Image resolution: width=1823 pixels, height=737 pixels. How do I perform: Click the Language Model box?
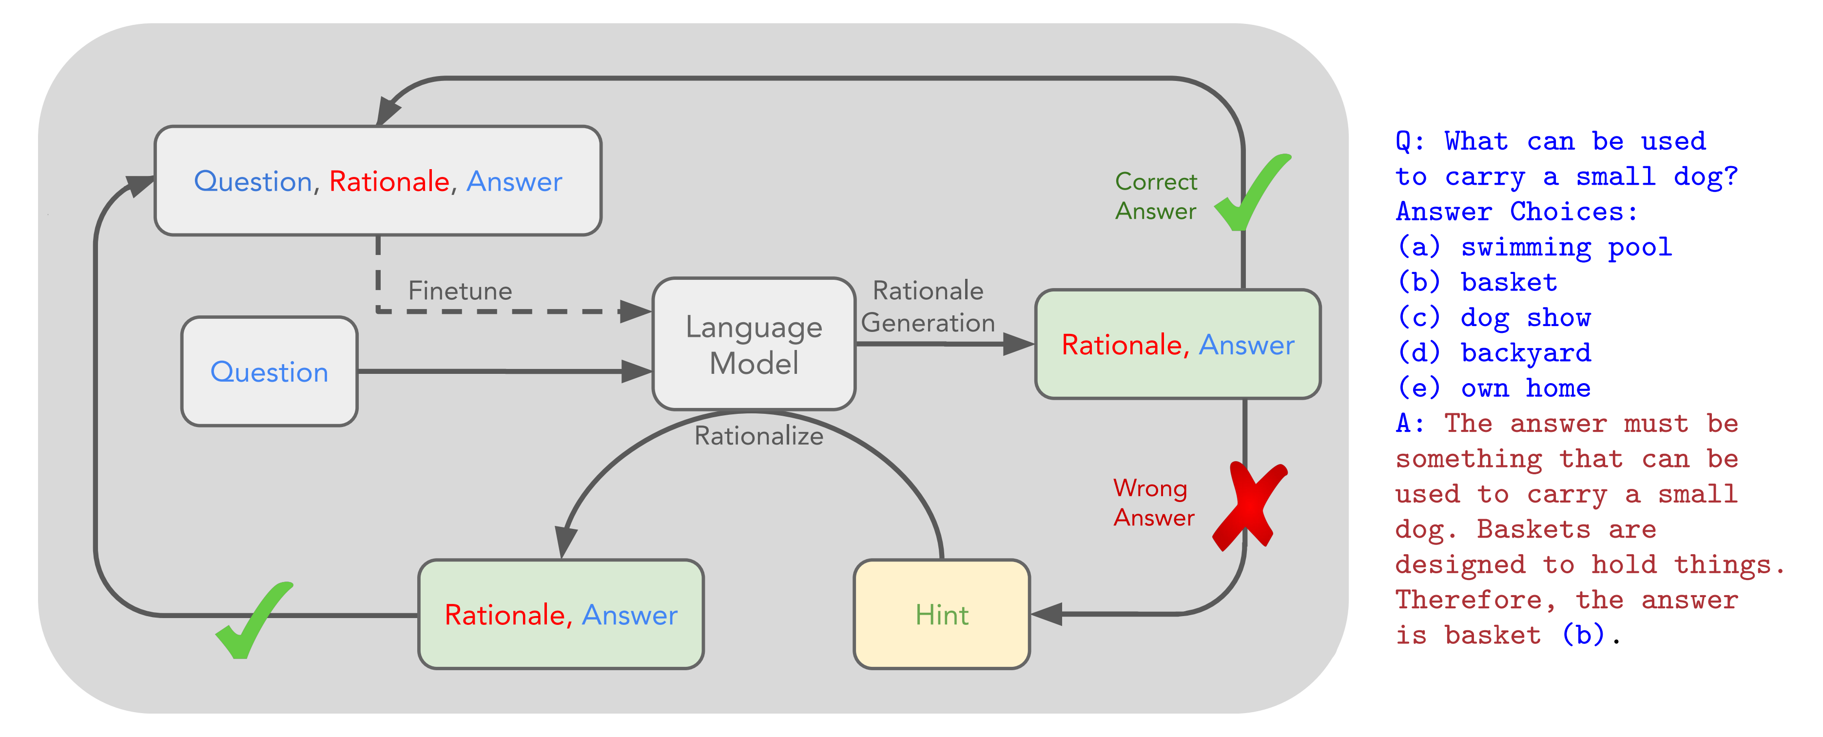point(754,344)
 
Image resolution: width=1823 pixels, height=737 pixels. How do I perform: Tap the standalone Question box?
point(269,372)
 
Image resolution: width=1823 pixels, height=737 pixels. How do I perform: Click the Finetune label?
point(460,291)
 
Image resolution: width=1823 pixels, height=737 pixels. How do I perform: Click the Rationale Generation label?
point(928,307)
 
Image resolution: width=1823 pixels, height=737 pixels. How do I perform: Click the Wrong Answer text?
point(1154,503)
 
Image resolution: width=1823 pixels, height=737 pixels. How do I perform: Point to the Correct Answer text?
point(1156,196)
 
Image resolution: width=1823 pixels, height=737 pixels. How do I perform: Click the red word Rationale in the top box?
point(389,182)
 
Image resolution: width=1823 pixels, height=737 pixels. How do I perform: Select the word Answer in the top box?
point(515,182)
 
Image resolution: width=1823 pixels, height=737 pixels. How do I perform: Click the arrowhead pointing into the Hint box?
point(1047,614)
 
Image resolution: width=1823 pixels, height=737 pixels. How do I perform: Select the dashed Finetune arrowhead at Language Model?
point(634,311)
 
